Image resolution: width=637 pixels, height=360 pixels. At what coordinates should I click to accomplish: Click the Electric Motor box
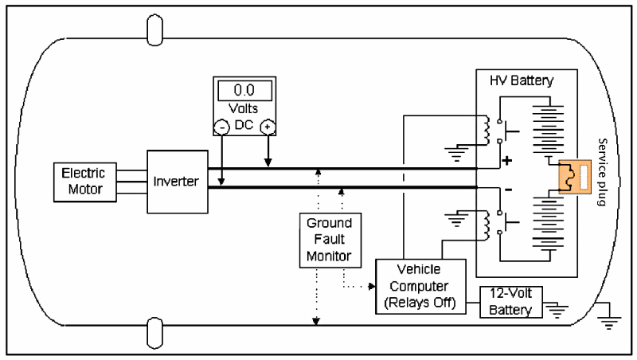click(x=84, y=181)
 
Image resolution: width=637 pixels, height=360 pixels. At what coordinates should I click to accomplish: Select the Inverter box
click(x=177, y=181)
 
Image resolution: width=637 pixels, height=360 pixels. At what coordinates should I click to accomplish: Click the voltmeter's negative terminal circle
click(x=221, y=127)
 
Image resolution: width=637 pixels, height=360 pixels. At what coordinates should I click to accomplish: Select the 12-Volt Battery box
click(x=511, y=302)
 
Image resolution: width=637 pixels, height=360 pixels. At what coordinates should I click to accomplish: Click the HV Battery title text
click(x=521, y=81)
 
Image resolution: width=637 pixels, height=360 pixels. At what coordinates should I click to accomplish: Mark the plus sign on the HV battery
click(x=506, y=162)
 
